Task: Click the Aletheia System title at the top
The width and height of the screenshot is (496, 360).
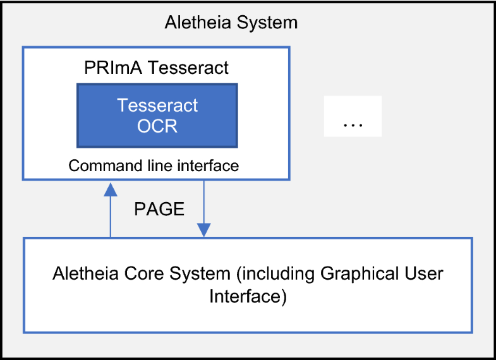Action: pos(231,23)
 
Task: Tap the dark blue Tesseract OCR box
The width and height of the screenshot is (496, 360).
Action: pos(157,115)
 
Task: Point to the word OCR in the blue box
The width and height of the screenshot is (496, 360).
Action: pos(157,126)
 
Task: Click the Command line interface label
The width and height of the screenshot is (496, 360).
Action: pos(154,166)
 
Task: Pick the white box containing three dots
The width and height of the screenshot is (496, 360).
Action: pos(353,116)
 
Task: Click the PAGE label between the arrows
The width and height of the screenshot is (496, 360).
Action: pos(159,210)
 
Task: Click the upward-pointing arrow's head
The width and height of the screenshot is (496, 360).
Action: pos(111,188)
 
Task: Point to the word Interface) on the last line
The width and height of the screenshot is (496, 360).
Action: pos(248,296)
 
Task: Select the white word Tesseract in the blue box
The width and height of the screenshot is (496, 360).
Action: pos(157,105)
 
